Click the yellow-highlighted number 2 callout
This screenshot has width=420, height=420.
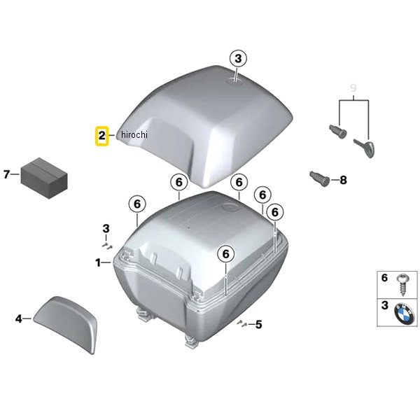102,135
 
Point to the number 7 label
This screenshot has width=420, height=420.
7,174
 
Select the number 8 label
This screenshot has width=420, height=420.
343,181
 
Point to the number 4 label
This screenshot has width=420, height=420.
19,319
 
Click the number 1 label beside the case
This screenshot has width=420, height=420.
99,262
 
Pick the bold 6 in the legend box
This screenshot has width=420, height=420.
384,278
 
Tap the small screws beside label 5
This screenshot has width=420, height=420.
241,323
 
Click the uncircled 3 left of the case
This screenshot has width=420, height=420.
106,228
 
